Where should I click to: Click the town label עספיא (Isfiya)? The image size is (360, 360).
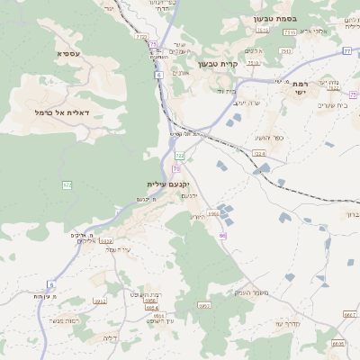tap(67, 54)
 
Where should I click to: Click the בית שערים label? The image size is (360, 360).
tap(319, 106)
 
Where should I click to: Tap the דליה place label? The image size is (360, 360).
tap(110, 337)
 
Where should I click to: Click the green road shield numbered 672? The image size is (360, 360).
tap(67, 184)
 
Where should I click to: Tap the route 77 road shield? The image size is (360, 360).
tap(347, 51)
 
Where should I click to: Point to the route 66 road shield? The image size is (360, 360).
tap(221, 235)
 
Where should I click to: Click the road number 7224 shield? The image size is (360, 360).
tap(260, 155)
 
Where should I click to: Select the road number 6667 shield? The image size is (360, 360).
tap(350, 315)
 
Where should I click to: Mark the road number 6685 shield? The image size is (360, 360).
tap(337, 343)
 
